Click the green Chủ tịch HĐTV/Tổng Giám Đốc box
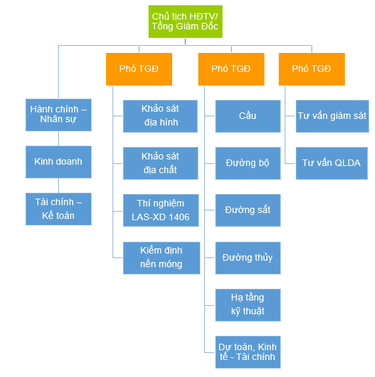[x=185, y=22]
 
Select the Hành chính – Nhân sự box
[x=58, y=115]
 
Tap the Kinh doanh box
[x=58, y=162]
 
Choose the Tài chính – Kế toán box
[x=58, y=209]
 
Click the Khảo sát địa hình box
[x=160, y=116]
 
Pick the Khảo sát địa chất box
[x=160, y=163]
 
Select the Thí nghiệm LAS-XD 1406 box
[x=161, y=210]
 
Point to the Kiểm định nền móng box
[x=162, y=258]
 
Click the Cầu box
[x=248, y=116]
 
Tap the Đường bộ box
[x=248, y=163]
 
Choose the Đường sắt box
[x=248, y=210]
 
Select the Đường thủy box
[x=248, y=258]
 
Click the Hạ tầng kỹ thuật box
[x=248, y=305]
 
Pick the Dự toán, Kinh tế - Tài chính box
[x=248, y=352]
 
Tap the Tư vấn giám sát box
[x=332, y=116]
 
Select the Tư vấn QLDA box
[x=332, y=163]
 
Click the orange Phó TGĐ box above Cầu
[x=231, y=69]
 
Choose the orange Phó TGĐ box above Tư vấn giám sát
[x=312, y=69]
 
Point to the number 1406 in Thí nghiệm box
[x=179, y=217]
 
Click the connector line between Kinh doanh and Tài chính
[x=58, y=186]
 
